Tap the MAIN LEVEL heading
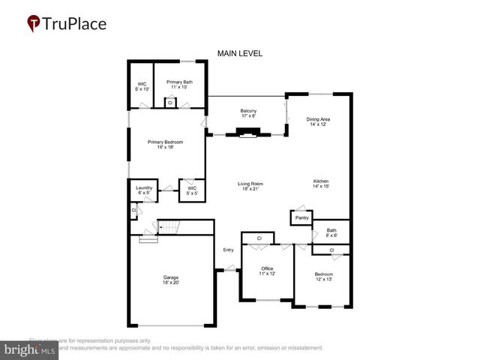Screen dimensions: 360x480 [239, 53]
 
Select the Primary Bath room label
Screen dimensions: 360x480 [179, 84]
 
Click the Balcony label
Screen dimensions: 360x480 [249, 113]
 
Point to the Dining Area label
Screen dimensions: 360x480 [318, 121]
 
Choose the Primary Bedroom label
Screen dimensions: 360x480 [165, 145]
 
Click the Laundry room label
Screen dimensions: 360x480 [143, 190]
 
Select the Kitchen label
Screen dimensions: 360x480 [320, 183]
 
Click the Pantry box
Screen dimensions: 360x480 [301, 217]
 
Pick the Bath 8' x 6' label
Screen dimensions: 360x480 [331, 232]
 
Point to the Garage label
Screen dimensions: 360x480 [171, 280]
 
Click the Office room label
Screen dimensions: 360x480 [267, 271]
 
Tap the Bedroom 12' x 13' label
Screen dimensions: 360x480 [324, 277]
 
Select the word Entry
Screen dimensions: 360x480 [228, 250]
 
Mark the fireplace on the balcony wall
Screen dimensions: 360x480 [247, 133]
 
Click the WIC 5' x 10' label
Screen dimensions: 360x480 [142, 86]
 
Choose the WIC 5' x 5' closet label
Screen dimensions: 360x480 [192, 190]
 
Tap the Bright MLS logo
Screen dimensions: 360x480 [31, 349]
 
